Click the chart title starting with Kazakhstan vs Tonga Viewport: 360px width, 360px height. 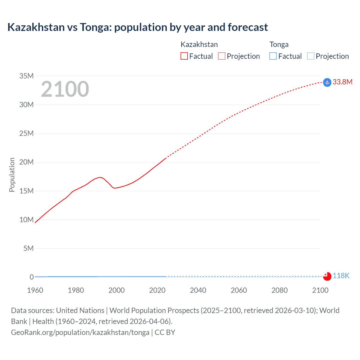(x=138, y=27)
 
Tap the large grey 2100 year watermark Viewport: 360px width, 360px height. (x=65, y=89)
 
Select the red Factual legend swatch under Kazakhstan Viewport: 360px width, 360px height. (x=184, y=56)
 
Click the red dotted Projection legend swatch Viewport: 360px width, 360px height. (x=222, y=56)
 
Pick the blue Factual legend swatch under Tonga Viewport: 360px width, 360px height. (x=273, y=56)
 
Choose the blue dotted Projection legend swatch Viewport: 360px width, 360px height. (x=311, y=56)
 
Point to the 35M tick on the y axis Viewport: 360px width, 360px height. (x=26, y=76)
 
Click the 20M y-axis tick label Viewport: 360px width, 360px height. (x=26, y=162)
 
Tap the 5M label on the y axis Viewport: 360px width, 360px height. (x=28, y=248)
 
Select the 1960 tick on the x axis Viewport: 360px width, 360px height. (x=35, y=290)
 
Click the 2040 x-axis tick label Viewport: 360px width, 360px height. (x=198, y=290)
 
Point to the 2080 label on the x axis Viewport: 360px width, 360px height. (x=280, y=290)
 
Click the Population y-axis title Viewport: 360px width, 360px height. (x=12, y=175)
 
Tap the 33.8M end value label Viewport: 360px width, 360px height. (x=342, y=82)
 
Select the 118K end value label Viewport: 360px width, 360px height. (x=341, y=276)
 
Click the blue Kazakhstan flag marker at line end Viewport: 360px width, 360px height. (x=327, y=82)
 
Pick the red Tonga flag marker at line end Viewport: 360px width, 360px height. (x=327, y=276)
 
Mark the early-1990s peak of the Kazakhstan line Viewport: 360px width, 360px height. (x=100, y=177)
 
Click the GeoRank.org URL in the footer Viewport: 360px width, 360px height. (x=80, y=332)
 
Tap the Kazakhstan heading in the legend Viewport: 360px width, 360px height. (x=199, y=44)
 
